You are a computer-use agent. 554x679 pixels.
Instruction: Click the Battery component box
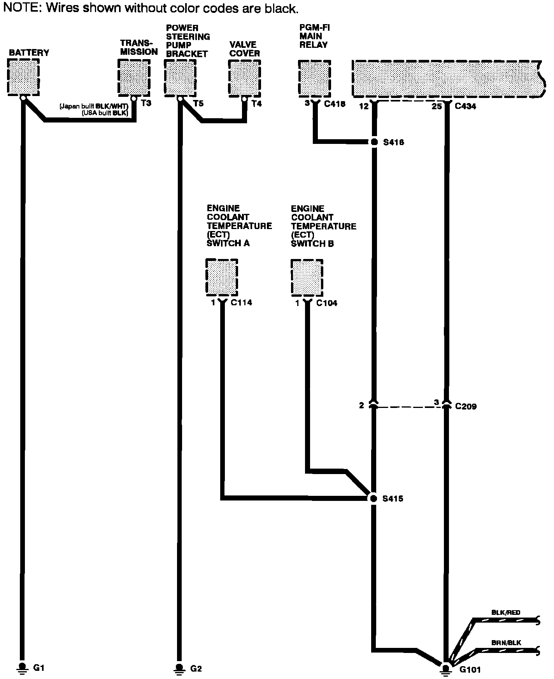23,77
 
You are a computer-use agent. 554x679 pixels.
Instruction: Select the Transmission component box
134,78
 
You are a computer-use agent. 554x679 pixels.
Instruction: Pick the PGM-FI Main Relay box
314,78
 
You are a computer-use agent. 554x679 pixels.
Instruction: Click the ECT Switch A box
222,277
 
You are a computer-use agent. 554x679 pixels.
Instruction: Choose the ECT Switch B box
307,277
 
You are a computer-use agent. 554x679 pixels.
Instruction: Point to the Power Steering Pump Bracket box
180,78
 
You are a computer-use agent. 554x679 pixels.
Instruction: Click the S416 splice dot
374,142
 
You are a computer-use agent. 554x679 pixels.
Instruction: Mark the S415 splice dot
373,498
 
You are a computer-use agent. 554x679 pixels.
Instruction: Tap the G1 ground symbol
22,667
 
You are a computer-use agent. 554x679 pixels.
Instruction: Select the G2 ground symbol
179,668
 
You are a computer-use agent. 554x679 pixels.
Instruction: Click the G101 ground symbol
446,668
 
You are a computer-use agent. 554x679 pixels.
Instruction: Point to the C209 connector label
466,407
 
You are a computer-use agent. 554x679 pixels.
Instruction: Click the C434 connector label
465,106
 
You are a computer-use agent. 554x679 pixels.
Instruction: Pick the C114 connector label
241,303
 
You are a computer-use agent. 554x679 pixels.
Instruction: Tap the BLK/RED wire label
506,612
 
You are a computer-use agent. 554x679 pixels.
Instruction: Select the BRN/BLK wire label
506,643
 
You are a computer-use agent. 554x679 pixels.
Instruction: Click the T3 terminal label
146,104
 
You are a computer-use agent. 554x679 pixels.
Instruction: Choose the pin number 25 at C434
437,106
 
